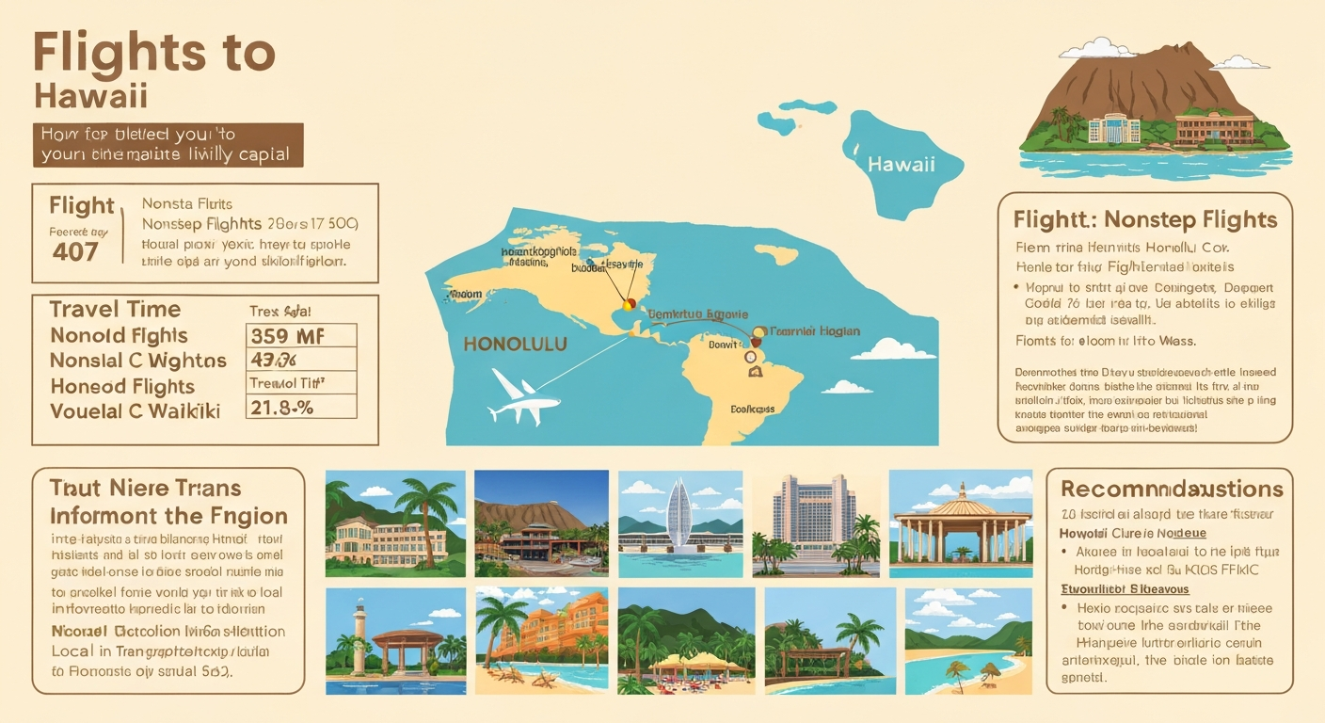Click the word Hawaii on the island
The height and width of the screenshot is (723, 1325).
[901, 164]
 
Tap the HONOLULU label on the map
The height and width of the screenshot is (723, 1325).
[516, 345]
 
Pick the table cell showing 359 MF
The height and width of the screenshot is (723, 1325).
[300, 336]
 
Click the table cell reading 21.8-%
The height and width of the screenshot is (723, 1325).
[300, 407]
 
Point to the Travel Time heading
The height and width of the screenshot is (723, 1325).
[115, 310]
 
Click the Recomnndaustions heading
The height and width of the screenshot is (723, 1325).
[1172, 489]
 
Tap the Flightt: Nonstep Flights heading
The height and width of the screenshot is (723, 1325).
[1145, 219]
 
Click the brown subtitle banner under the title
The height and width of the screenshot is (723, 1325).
[168, 144]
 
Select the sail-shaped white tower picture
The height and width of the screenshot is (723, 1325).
[679, 523]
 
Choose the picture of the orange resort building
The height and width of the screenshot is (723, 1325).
[542, 640]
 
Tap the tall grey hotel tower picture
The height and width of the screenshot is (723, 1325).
[816, 523]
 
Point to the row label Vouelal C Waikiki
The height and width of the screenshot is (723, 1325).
[135, 411]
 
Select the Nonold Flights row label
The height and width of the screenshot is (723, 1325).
[119, 336]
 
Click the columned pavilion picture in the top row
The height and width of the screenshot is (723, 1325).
[960, 523]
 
